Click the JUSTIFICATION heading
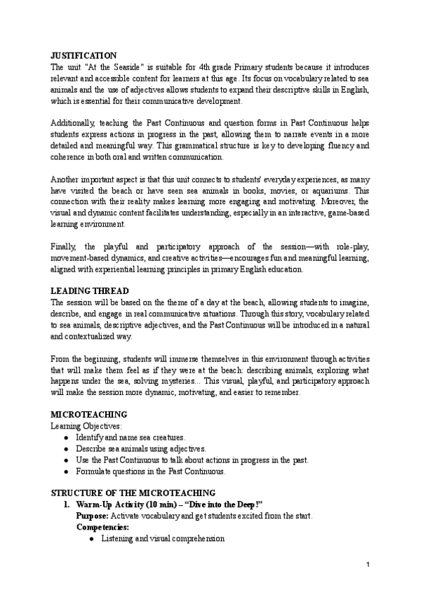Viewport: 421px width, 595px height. tap(84, 55)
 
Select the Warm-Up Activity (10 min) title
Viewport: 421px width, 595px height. tap(126, 504)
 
